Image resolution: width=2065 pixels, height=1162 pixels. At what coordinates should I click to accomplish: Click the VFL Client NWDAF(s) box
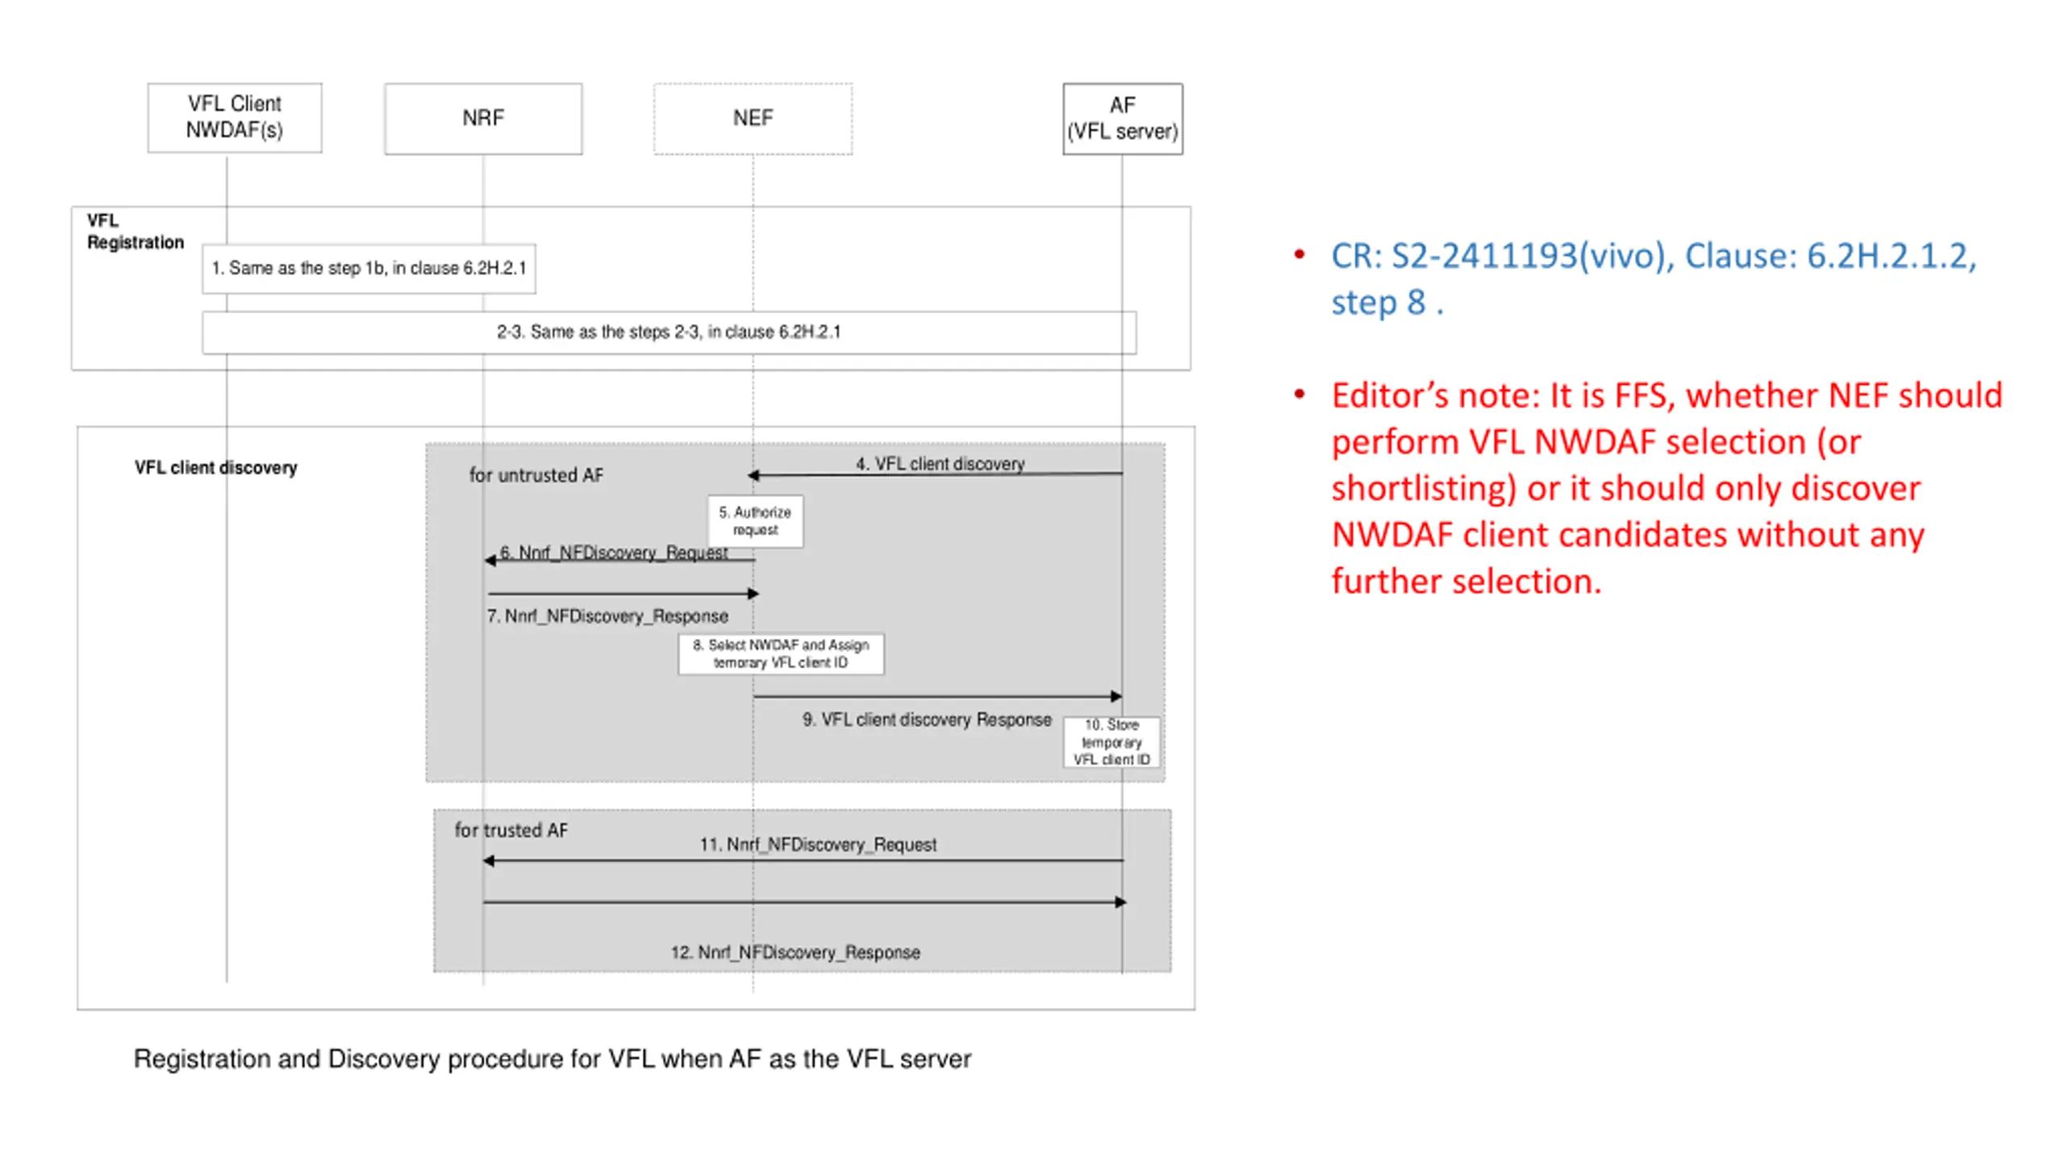coord(234,117)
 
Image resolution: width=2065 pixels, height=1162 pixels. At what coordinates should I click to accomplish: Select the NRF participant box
coord(482,118)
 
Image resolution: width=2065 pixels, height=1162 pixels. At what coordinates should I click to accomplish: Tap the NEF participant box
coord(753,118)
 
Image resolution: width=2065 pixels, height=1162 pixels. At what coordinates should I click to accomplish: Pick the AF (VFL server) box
coord(1122,118)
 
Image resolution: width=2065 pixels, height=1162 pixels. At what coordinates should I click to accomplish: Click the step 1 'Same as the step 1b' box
coord(369,268)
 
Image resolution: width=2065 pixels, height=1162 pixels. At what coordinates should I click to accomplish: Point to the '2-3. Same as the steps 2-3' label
coord(668,332)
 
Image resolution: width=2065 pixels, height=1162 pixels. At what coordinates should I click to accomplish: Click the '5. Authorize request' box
coord(755,521)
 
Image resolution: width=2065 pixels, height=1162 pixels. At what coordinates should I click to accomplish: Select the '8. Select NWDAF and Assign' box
coord(780,654)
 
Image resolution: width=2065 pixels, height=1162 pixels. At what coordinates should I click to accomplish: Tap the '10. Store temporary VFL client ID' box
coord(1112,742)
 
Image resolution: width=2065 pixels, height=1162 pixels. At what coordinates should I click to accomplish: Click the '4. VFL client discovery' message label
coord(940,464)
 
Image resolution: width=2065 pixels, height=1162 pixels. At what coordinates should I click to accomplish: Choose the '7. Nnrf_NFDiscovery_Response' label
coord(607,617)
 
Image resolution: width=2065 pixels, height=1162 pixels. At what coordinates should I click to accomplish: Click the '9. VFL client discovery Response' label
coord(927,720)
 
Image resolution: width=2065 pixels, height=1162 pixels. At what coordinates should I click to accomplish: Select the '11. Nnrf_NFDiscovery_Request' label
coord(818,845)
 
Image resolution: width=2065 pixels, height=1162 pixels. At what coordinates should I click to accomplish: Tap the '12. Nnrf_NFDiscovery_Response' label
coord(795,953)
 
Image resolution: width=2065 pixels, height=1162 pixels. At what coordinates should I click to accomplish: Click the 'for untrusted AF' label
coord(536,475)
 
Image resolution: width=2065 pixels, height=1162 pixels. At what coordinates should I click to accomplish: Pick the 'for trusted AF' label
coord(511,830)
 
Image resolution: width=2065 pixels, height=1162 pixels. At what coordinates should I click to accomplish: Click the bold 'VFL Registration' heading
coord(135,232)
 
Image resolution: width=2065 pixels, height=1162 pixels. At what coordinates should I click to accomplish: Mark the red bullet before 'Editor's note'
coord(1299,395)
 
